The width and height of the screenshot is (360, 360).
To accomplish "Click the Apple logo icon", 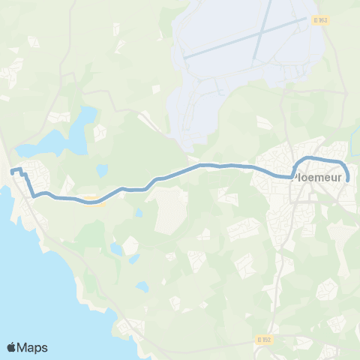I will coord(12,347).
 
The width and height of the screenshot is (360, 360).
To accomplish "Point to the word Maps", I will coord(34,347).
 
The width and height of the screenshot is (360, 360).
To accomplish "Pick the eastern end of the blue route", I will coord(346,179).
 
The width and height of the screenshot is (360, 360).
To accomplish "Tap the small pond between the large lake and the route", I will coord(102,169).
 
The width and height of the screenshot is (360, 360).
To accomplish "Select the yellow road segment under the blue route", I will coord(91,199).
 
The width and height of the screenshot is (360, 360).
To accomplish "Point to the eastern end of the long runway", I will coord(307,19).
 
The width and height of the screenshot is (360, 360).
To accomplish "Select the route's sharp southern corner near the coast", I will coord(34,196).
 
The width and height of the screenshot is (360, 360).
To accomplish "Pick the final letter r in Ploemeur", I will coord(340,178).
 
